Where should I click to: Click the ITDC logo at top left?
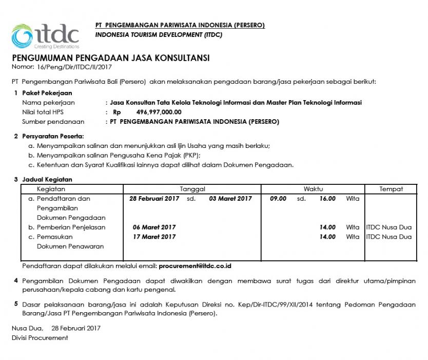click(45, 35)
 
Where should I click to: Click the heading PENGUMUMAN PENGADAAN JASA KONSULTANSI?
click(110, 58)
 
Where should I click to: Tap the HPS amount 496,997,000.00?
click(159, 112)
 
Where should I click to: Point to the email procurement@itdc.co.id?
click(195, 266)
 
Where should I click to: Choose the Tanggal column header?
click(192, 189)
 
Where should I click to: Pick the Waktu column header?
click(313, 189)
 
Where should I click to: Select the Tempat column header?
click(391, 189)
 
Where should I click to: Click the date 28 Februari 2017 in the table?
click(154, 199)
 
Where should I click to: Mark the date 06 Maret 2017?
click(154, 227)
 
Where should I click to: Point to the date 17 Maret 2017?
click(154, 237)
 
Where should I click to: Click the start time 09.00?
click(278, 199)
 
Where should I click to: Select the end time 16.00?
click(327, 199)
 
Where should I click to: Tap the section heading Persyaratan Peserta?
click(52, 136)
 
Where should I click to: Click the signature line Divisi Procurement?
click(40, 338)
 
